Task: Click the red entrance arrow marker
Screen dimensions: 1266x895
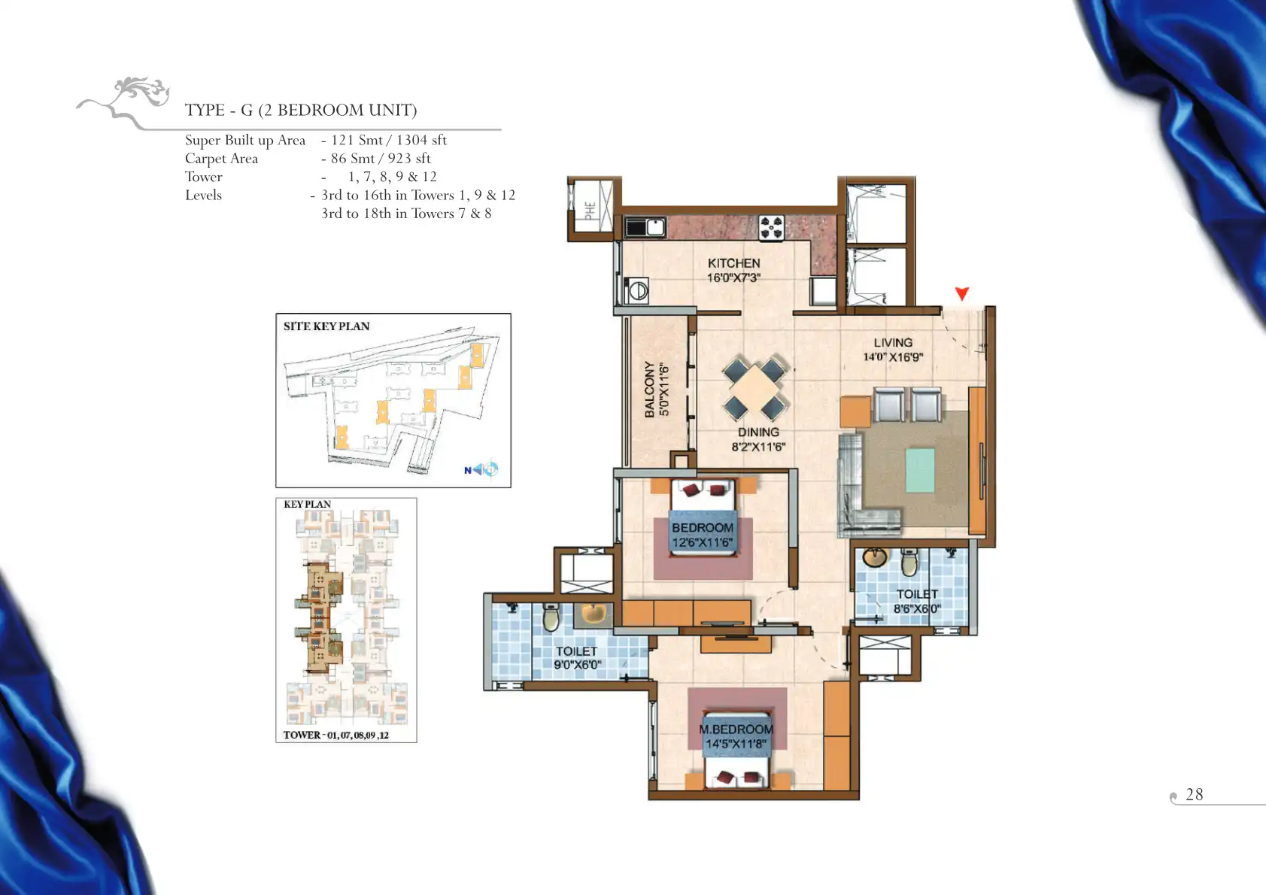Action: tap(962, 293)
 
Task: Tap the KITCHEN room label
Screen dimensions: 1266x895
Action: tap(733, 263)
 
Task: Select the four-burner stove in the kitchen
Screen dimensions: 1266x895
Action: tap(771, 228)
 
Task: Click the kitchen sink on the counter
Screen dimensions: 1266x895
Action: tap(645, 227)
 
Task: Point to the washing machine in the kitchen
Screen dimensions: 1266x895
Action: tap(636, 291)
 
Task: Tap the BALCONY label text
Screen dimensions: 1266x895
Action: tap(649, 390)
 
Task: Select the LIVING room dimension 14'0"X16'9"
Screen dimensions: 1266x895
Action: tap(892, 357)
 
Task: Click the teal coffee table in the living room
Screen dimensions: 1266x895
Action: tap(919, 470)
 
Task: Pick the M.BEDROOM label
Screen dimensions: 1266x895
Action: tap(736, 730)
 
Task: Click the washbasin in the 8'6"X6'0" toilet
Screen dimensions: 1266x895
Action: tap(875, 557)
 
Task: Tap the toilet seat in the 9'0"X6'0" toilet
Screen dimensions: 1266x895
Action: tap(551, 617)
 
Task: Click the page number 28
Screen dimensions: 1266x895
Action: tap(1194, 794)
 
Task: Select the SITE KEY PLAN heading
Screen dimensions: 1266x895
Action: tap(326, 326)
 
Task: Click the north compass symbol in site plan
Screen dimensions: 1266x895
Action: tap(481, 469)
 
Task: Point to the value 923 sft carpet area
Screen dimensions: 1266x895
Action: tap(408, 159)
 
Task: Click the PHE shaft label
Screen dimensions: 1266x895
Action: tap(590, 211)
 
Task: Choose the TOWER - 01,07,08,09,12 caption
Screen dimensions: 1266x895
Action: tap(335, 735)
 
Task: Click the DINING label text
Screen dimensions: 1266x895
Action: tap(758, 432)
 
